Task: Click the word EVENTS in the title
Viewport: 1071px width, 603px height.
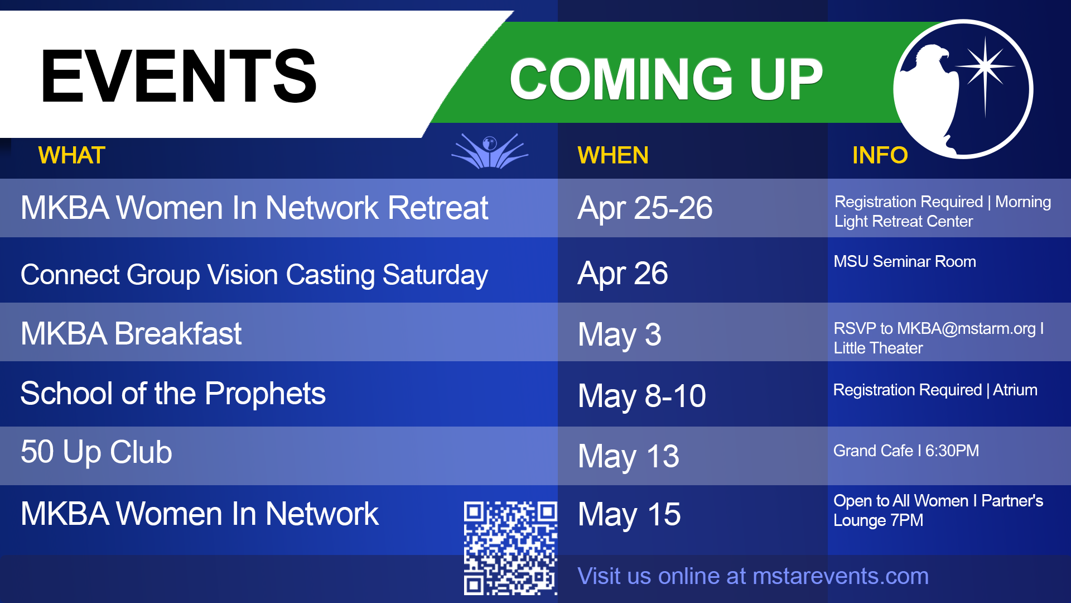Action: pos(178,76)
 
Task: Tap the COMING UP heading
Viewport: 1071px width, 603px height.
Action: pos(667,79)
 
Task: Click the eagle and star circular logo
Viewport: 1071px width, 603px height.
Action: pos(963,89)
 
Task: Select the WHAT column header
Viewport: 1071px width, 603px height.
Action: pos(71,155)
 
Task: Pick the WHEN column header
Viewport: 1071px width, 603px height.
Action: pos(613,155)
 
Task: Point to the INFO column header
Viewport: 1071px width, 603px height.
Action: pos(880,155)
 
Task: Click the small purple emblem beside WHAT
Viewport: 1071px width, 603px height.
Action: pos(490,151)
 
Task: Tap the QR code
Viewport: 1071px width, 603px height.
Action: pos(510,548)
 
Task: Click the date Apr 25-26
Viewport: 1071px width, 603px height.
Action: pos(645,208)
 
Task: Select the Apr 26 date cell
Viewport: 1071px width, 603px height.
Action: pos(623,274)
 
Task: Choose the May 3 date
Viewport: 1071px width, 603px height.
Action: pos(619,335)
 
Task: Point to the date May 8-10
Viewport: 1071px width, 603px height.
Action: pos(641,396)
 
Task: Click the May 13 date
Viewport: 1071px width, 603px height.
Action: pos(629,457)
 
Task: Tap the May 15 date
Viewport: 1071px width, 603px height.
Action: pos(629,515)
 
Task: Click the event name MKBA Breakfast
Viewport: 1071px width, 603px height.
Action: pos(131,334)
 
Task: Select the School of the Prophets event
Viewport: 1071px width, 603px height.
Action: pos(173,394)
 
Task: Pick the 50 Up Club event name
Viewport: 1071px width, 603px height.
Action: pos(97,452)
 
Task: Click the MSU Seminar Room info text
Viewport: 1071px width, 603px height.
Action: pos(905,261)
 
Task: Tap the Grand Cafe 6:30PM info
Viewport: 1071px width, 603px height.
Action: pos(906,451)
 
